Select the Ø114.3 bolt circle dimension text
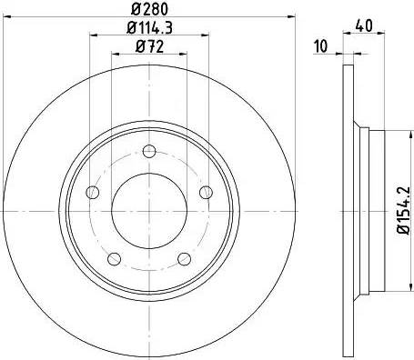click(x=147, y=28)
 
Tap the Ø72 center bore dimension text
click(x=147, y=46)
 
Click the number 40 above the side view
click(x=364, y=26)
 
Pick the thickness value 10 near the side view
click(x=320, y=46)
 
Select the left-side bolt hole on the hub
click(x=91, y=193)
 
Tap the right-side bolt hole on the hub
click(x=206, y=190)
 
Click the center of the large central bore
click(x=148, y=210)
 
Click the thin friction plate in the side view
click(x=348, y=210)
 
